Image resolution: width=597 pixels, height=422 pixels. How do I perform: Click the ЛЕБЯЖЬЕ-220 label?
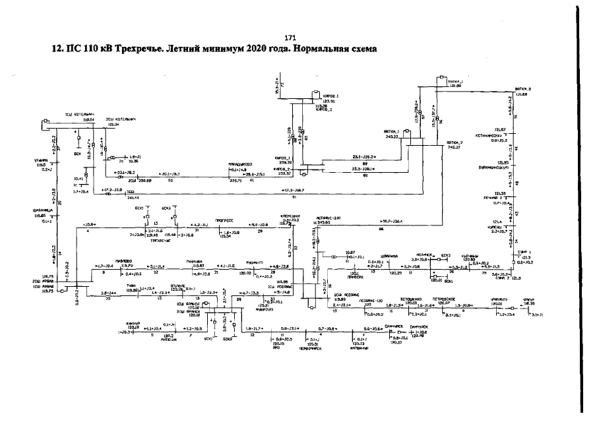pos(327,218)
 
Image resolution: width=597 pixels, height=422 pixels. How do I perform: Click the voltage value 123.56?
pos(323,101)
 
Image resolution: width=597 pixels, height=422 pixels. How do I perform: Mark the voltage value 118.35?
pos(530,304)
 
